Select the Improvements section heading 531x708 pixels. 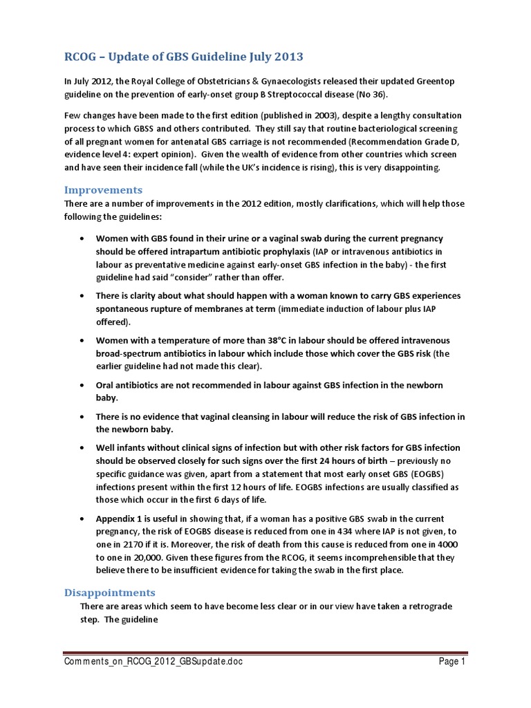103,189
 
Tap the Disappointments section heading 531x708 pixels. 109,593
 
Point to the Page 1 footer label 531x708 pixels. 451,662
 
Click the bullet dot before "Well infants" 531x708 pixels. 82,448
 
